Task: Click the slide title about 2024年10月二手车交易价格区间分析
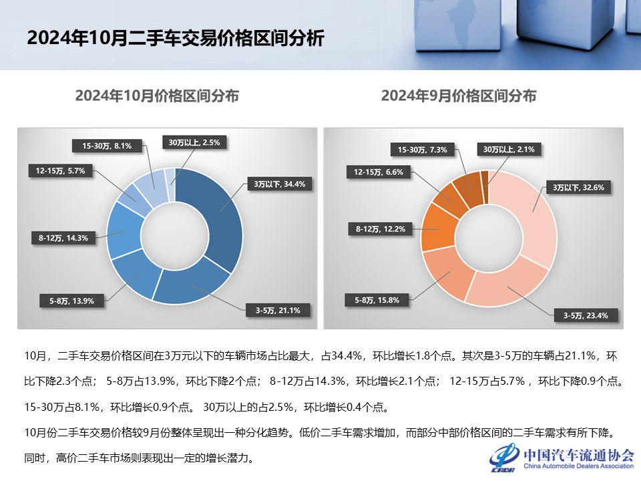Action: click(x=175, y=38)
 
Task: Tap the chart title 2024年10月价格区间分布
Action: click(x=157, y=96)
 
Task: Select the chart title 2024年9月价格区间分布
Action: click(x=459, y=96)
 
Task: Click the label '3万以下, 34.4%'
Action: click(x=279, y=184)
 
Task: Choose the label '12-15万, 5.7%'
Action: click(x=57, y=170)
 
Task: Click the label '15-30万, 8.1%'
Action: click(x=107, y=144)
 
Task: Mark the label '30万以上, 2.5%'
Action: click(x=194, y=142)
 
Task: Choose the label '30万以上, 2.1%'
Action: click(x=509, y=150)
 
